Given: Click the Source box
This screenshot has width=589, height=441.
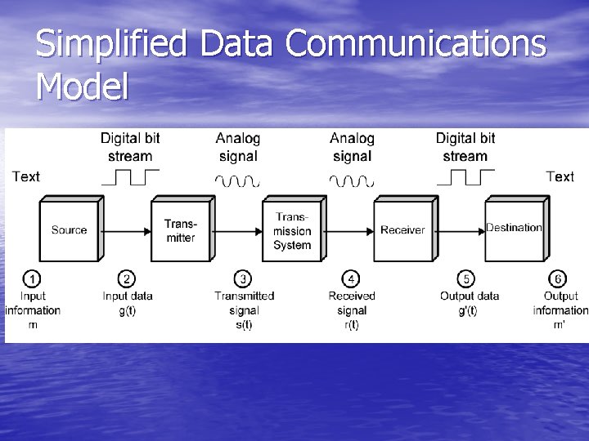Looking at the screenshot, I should pyautogui.click(x=69, y=230).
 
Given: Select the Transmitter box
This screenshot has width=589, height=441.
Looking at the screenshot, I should pyautogui.click(x=180, y=230).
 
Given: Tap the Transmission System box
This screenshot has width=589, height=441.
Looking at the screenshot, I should pyautogui.click(x=292, y=230).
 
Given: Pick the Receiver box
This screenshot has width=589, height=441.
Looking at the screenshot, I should pyautogui.click(x=402, y=230).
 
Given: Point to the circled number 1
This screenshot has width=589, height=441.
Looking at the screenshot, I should pyautogui.click(x=32, y=279).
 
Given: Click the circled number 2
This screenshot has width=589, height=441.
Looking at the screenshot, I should pyautogui.click(x=127, y=279).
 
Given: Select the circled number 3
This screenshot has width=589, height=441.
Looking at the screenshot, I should pyautogui.click(x=243, y=279).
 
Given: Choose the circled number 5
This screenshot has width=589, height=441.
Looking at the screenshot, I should pyautogui.click(x=466, y=279).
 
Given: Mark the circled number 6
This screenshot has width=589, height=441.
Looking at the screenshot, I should pyautogui.click(x=560, y=279).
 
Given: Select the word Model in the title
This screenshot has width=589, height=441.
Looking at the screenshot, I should pyautogui.click(x=83, y=86).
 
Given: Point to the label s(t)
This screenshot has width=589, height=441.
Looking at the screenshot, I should pyautogui.click(x=244, y=324).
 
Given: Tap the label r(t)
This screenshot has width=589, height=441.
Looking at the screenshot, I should pyautogui.click(x=352, y=324).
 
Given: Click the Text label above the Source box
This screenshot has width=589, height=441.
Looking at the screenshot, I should pyautogui.click(x=26, y=176).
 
